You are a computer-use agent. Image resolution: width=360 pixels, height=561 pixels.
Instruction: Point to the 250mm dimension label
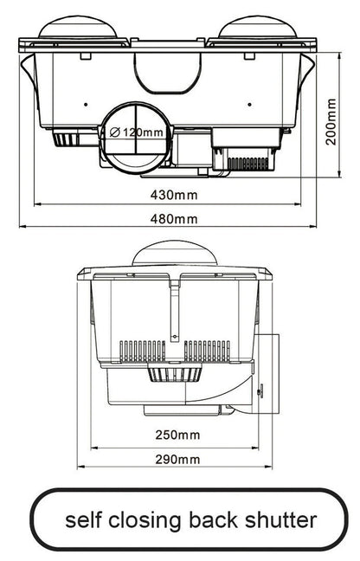coord(180,434)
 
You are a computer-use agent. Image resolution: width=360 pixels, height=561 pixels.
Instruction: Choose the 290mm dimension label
coord(180,459)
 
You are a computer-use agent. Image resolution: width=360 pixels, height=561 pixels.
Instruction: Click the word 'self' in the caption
coord(87,519)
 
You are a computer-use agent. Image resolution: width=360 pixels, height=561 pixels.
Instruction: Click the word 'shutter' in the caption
coord(284,519)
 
